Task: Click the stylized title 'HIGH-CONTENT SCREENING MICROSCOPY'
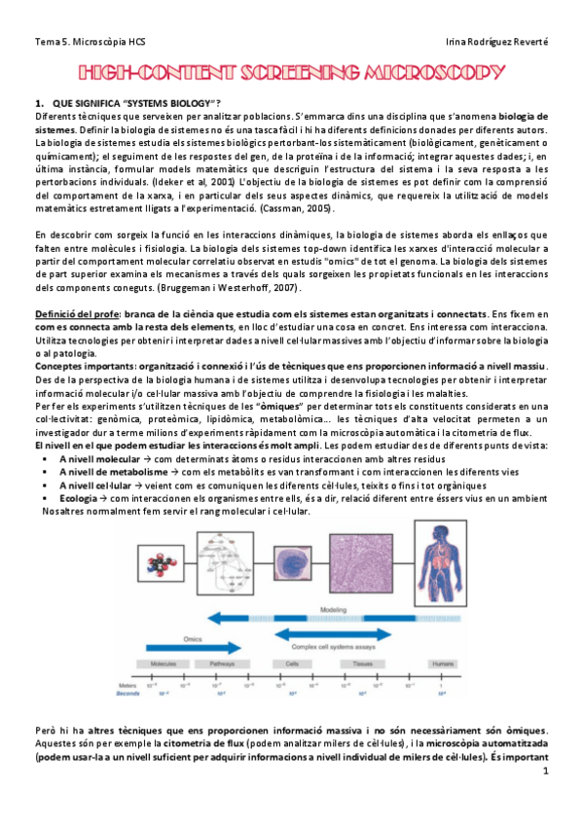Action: pos(291,74)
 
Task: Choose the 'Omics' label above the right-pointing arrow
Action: pos(193,639)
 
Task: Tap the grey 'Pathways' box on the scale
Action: pos(222,663)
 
